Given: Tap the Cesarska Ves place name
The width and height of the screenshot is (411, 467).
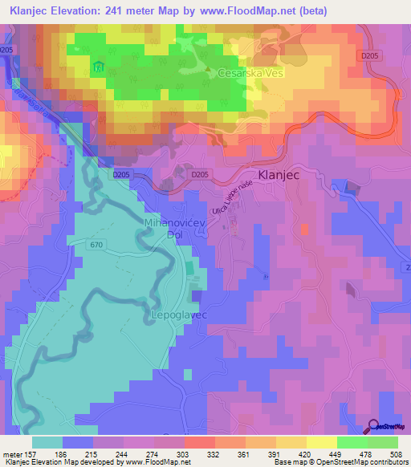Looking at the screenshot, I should (251, 73).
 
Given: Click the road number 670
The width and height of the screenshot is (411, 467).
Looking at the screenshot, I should (97, 245).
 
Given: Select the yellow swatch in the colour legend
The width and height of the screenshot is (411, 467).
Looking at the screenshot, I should (321, 442).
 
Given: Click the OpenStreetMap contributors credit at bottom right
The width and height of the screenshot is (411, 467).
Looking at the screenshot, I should (361, 461).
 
